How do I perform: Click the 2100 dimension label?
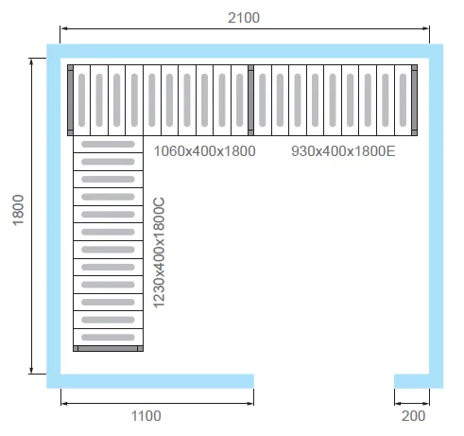coord(244,18)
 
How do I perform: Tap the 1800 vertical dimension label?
coord(18,210)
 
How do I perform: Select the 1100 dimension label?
coord(146,416)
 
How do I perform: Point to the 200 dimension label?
coord(413,416)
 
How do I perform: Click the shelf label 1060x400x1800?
coord(204,151)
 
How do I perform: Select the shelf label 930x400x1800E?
coord(343,151)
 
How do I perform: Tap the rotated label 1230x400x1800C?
coord(159,253)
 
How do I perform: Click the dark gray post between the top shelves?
coord(250,100)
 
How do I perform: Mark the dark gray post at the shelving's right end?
coord(415,100)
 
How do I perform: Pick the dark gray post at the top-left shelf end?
coord(70,100)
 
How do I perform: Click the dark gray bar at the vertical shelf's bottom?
coord(108,348)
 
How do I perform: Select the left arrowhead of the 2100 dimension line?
coord(63,28)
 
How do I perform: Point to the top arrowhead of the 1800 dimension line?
coord(31,61)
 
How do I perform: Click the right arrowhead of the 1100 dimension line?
coord(250,403)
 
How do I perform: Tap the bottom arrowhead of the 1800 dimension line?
coord(31,371)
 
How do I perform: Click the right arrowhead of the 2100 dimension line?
coord(426,28)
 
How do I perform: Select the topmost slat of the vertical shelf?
coord(108,144)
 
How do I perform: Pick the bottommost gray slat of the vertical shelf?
coord(108,338)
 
